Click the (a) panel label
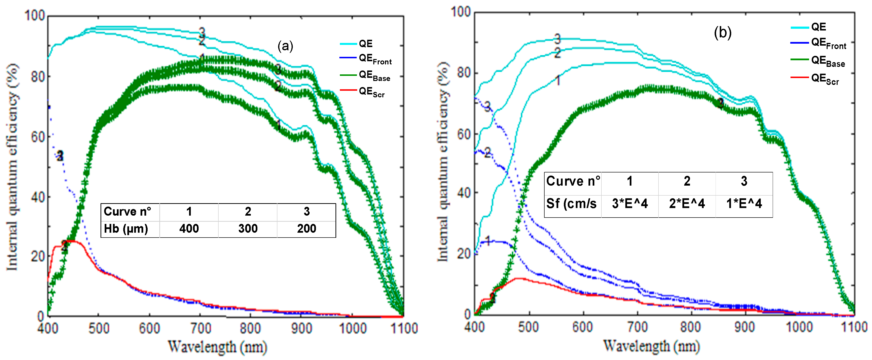coord(285,46)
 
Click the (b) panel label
coord(722,33)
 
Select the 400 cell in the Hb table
coord(189,229)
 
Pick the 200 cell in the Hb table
coord(306,229)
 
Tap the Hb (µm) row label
coord(126,229)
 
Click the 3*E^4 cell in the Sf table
coord(630,204)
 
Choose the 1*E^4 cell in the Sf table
coord(744,204)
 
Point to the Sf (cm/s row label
coord(571,204)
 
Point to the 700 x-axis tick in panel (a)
coord(200,328)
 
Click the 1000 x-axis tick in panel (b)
coord(799,327)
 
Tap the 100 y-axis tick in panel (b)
coord(460,12)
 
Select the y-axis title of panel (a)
coord(12,168)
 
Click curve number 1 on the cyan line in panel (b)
coord(558,80)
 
